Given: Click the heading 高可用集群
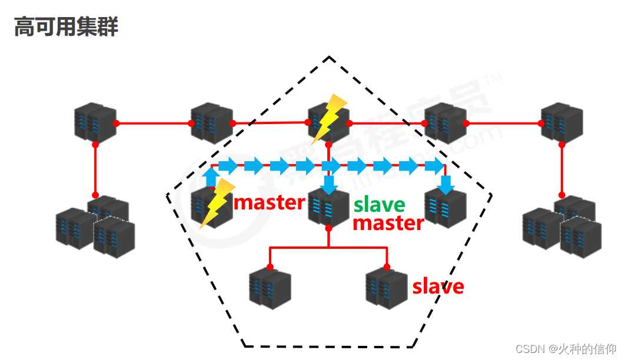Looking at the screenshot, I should (x=66, y=27).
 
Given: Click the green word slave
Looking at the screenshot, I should (x=379, y=205).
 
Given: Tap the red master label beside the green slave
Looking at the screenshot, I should (x=388, y=223).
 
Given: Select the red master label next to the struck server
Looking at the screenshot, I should (x=270, y=202).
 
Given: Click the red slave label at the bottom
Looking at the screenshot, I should (x=438, y=286).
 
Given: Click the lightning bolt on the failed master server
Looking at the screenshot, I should (x=216, y=204).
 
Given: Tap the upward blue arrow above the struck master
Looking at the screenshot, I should (x=211, y=176).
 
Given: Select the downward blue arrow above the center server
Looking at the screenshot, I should (x=330, y=184).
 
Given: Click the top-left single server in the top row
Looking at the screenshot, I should (x=95, y=123).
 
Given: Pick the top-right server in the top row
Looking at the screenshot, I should (x=561, y=123).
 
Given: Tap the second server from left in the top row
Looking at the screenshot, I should (x=211, y=123).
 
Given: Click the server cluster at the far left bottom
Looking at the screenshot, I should (x=95, y=226).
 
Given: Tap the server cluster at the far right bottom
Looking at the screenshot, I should (x=561, y=226).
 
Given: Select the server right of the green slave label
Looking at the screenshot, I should (x=446, y=208).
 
